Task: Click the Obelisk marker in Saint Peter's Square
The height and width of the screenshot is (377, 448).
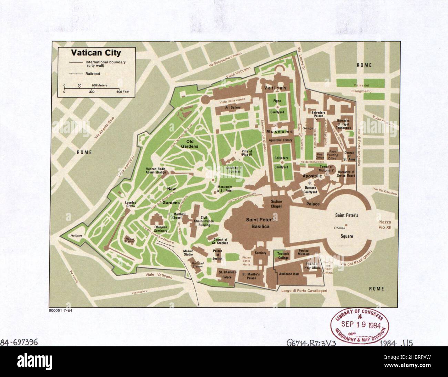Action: pos(346,225)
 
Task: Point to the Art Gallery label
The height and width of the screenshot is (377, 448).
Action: pos(233,107)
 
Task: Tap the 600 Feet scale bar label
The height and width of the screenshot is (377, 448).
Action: pos(123,92)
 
